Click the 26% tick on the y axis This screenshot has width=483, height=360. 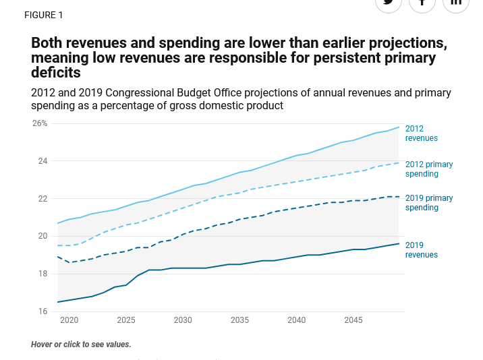(x=40, y=123)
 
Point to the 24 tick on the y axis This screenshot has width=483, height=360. (x=42, y=161)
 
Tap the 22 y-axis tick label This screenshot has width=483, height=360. (x=42, y=199)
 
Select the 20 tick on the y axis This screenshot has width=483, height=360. (x=42, y=236)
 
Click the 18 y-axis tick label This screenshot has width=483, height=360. (x=42, y=274)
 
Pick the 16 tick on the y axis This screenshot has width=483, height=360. (x=42, y=311)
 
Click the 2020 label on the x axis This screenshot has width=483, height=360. (x=69, y=320)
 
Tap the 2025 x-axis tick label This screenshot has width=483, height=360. (x=126, y=320)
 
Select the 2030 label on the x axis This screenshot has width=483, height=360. (x=183, y=320)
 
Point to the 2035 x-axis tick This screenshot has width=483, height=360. (x=239, y=320)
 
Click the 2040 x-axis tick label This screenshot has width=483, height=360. (x=296, y=320)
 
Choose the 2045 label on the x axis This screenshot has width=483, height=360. (x=353, y=320)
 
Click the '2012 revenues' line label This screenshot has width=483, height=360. (x=421, y=133)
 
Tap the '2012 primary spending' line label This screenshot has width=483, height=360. (x=429, y=169)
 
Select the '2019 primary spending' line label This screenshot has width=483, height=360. (x=429, y=203)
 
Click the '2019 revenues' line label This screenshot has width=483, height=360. (x=421, y=250)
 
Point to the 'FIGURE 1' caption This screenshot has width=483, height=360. (x=43, y=15)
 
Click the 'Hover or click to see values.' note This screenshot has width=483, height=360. (x=81, y=344)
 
